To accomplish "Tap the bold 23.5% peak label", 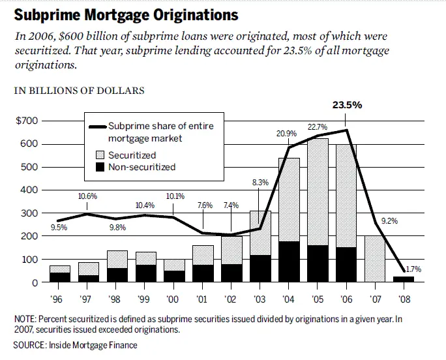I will tap(348, 104).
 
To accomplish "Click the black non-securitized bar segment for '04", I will tap(289, 262).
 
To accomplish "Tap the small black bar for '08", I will tap(404, 279).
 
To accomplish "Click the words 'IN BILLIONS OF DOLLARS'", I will tap(80, 91).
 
